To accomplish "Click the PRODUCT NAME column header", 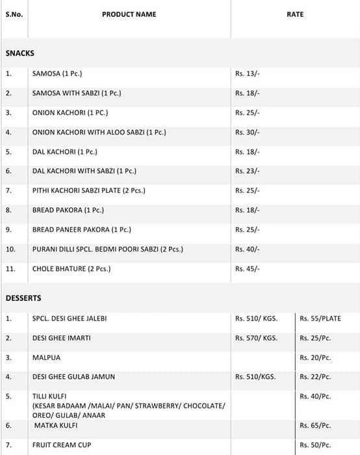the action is (129, 14).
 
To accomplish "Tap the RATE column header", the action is (295, 14).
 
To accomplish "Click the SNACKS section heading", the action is (19, 53).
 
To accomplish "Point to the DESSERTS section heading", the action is (23, 298).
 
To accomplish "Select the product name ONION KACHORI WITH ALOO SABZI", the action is (99, 133).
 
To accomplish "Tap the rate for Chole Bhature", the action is (247, 269).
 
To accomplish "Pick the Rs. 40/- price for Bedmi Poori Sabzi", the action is (247, 250).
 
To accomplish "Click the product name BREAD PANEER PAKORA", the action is (81, 230).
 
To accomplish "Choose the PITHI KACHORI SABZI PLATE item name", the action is (88, 191).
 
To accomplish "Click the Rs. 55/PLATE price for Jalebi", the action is (320, 319).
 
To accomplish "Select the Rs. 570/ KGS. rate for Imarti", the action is (256, 339).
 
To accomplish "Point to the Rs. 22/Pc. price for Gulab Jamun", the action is (315, 377).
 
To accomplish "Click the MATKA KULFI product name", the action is (56, 426).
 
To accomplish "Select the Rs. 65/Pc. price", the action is (315, 426).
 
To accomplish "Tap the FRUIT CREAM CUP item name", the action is (62, 445).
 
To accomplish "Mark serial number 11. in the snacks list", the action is (10, 269).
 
